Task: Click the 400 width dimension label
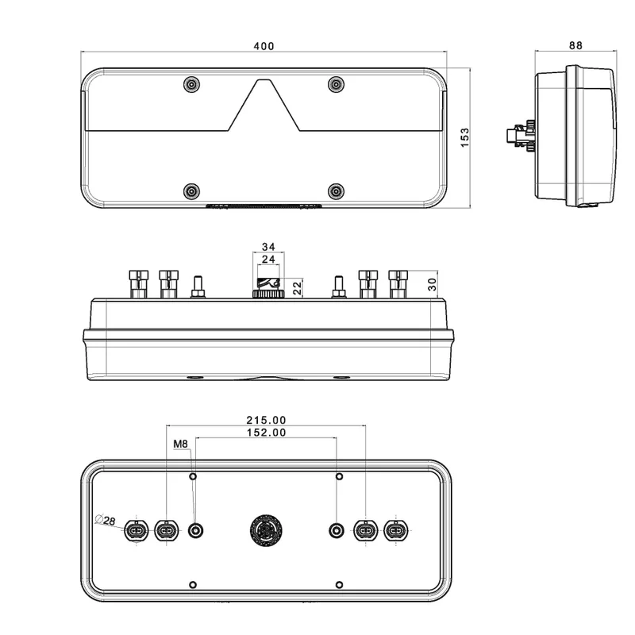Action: [x=264, y=46]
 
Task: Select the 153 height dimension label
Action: [x=465, y=140]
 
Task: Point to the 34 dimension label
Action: [x=268, y=246]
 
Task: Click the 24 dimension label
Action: [x=268, y=260]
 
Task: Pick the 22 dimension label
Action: [x=298, y=288]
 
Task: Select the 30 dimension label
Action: [x=433, y=283]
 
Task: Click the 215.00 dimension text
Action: [x=266, y=420]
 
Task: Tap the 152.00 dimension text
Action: [x=266, y=433]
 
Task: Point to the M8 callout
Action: [x=180, y=444]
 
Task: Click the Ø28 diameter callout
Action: [x=104, y=520]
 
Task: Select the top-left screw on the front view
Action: [x=191, y=84]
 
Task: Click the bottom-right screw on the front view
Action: [x=337, y=190]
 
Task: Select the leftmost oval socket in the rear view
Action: [x=137, y=529]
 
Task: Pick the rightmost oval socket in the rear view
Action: [x=394, y=529]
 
